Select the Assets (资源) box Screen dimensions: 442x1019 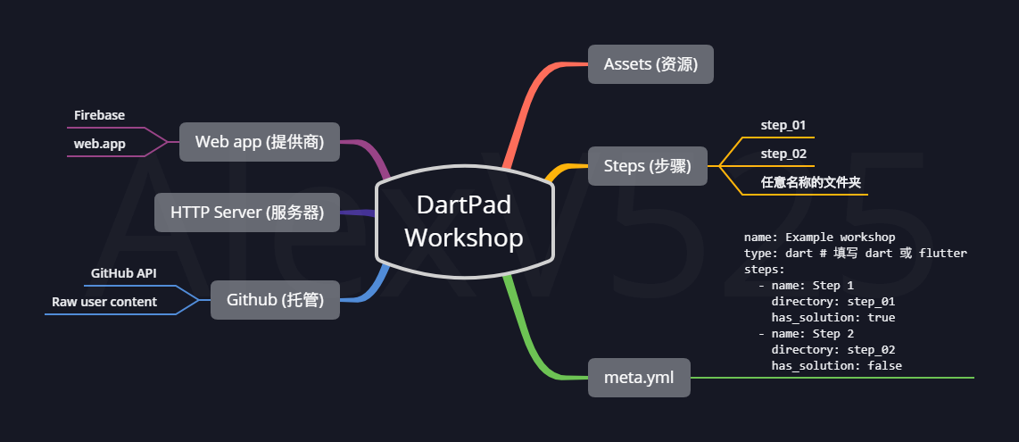pos(650,64)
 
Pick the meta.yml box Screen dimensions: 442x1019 pos(640,378)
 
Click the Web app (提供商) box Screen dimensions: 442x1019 pos(259,141)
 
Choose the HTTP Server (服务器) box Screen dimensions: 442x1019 pos(246,213)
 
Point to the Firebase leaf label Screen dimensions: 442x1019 pos(99,115)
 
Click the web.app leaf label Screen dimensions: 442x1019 pos(100,143)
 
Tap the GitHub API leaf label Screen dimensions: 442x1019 pos(124,273)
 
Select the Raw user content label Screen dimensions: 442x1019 pos(104,302)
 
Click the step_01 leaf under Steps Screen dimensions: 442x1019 pos(783,125)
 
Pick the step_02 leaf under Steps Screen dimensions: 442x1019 pos(783,154)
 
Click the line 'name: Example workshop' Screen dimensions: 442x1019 pos(819,238)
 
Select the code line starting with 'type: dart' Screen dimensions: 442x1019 pos(855,254)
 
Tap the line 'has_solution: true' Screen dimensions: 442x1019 pos(833,317)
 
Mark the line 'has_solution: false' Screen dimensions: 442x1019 pos(836,365)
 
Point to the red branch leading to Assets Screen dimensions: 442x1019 pos(526,107)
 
